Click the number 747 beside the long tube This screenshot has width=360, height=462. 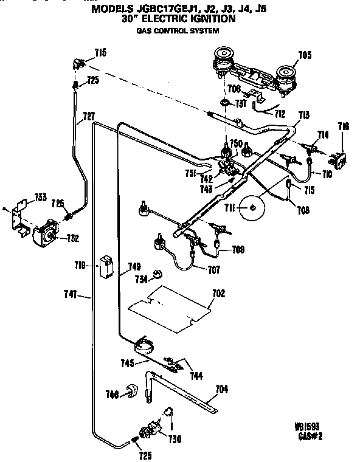[x=71, y=295]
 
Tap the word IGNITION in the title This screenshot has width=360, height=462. [x=210, y=19]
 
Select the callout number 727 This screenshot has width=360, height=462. [x=89, y=115]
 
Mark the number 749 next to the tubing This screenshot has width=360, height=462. [x=134, y=266]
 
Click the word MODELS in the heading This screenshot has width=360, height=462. [x=113, y=9]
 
